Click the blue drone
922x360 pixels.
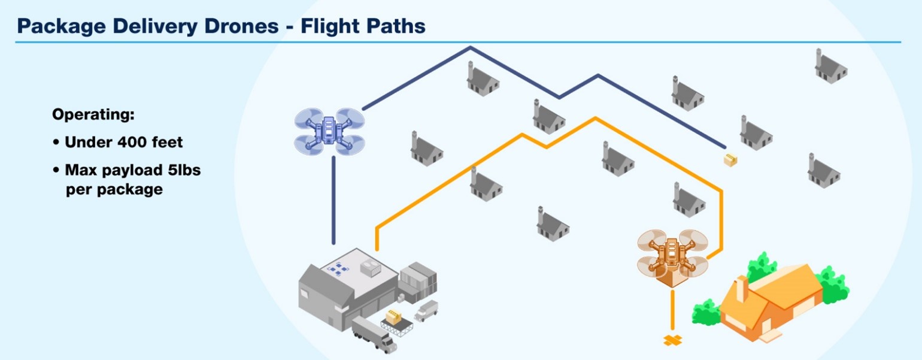click(329, 129)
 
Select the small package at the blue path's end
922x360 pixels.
click(730, 159)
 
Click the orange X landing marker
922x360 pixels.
click(673, 340)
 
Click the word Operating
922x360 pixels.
click(93, 114)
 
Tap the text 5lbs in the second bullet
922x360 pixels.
click(181, 170)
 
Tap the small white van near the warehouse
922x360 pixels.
click(426, 310)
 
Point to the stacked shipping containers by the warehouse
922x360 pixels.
click(418, 277)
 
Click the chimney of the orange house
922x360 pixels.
click(741, 289)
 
